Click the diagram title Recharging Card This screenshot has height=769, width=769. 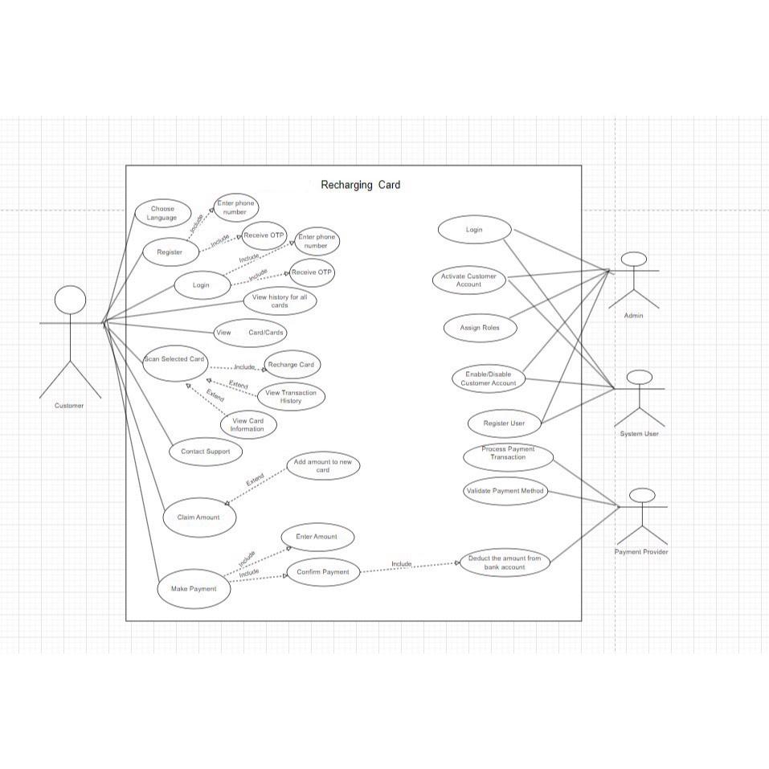[360, 185]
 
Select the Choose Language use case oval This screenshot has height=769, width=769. [163, 213]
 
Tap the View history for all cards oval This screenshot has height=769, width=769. [280, 301]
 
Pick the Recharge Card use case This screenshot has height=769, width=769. [291, 364]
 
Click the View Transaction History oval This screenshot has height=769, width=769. [291, 396]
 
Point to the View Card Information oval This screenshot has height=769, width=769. [247, 425]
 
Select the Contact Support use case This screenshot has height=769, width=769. [205, 452]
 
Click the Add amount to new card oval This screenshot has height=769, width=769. [323, 466]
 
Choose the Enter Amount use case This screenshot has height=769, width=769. [317, 537]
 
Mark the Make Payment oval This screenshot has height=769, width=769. [194, 589]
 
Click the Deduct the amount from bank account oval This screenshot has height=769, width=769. [505, 562]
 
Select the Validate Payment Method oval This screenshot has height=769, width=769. [505, 491]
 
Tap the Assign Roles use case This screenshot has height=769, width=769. [480, 328]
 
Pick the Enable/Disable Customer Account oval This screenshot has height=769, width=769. [488, 378]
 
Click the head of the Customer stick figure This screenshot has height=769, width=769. [70, 301]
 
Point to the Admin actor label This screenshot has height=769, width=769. [634, 316]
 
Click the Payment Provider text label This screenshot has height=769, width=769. [641, 552]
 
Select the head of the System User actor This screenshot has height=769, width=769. [639, 378]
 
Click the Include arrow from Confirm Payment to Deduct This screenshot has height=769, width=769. [409, 567]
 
